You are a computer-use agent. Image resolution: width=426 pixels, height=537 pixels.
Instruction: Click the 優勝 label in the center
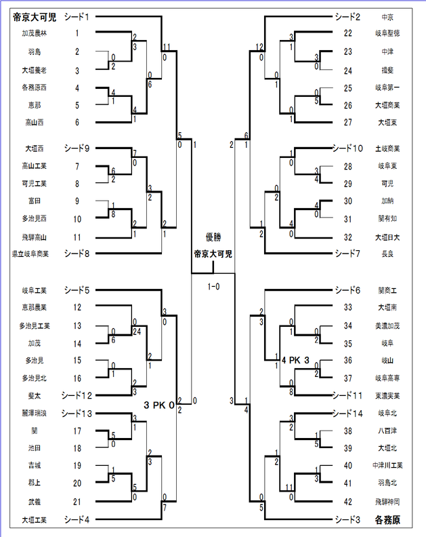[x=213, y=237]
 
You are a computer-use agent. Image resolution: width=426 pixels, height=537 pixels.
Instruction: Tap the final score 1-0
[x=213, y=286]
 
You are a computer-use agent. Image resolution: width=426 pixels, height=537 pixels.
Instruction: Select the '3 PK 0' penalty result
[x=159, y=405]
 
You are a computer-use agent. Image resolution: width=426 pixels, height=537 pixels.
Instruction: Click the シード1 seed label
[x=77, y=16]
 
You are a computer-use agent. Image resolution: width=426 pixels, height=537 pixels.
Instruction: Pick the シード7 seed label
[x=347, y=253]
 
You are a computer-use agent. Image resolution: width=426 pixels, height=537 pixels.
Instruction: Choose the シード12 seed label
[x=79, y=395]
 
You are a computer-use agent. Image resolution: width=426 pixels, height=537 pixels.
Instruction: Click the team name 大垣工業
[x=33, y=520]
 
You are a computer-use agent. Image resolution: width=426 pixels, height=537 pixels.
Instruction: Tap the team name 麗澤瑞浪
[x=33, y=413]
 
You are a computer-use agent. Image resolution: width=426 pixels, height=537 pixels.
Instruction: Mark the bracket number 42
[x=348, y=502]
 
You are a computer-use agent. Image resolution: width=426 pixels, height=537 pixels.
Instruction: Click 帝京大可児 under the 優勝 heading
[x=213, y=254]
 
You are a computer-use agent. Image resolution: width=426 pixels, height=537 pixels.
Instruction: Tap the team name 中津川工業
[x=389, y=466]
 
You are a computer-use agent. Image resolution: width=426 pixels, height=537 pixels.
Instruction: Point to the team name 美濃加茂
[x=389, y=325]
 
